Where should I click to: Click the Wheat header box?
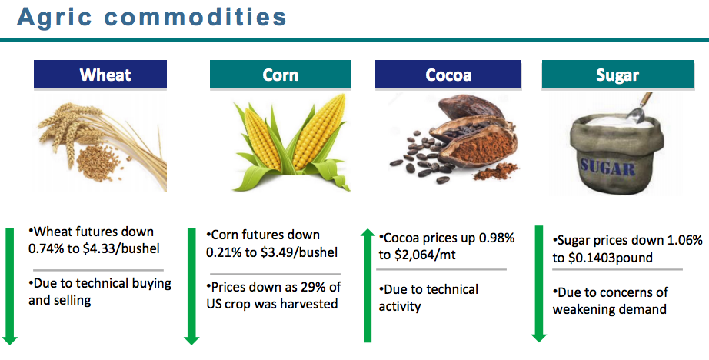tap(101, 74)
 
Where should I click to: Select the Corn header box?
tap(280, 74)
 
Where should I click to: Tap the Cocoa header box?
tap(448, 74)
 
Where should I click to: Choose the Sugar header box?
tap(617, 74)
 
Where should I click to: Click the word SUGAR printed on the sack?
tap(608, 168)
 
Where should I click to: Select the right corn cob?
tap(319, 132)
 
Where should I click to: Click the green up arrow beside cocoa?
tap(368, 285)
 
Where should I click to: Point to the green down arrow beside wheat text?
tap(10, 287)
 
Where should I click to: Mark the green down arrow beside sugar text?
tap(538, 284)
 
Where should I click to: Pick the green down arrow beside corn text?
tap(191, 287)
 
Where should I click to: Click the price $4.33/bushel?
tap(121, 248)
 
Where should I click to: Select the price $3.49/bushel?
tap(299, 252)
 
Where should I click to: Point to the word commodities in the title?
tap(195, 17)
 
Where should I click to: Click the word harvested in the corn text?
tap(309, 304)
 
